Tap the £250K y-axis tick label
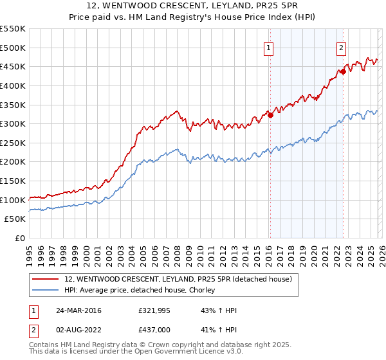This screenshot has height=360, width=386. (13, 143)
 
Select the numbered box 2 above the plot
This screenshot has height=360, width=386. (341, 47)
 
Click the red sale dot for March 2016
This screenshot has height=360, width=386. (270, 115)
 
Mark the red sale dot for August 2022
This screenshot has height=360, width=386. (343, 71)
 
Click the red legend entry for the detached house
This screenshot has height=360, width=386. (178, 279)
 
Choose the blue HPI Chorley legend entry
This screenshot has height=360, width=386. (143, 291)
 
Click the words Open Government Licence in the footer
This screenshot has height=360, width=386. (174, 352)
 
